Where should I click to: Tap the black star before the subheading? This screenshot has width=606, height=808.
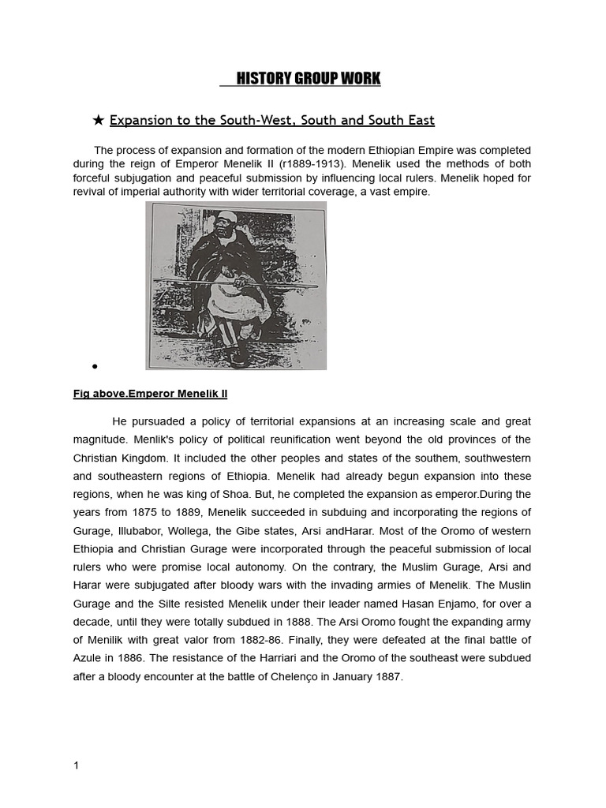point(98,120)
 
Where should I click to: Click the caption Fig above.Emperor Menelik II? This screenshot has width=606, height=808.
point(150,394)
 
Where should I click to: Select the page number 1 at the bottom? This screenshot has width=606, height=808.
point(76,765)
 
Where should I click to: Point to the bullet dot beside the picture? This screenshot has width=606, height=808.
point(94,366)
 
